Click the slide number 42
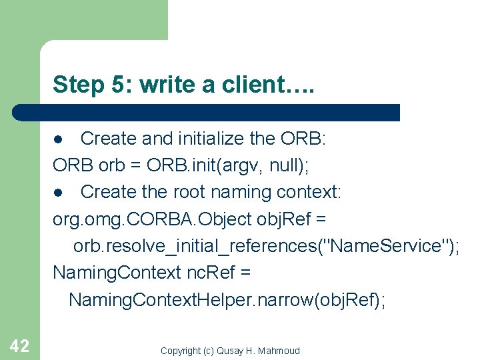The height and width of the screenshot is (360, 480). pos(19,345)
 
